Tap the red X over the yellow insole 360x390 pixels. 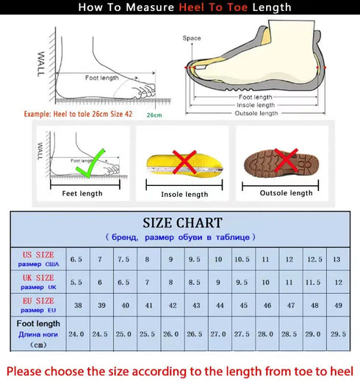click(x=184, y=160)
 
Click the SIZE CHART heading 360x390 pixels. click(x=182, y=223)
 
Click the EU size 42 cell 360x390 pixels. click(x=171, y=306)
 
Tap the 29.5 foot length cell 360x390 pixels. click(x=338, y=333)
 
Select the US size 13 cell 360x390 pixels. click(x=337, y=259)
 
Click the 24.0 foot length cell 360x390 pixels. click(x=76, y=333)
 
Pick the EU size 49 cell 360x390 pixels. click(x=338, y=306)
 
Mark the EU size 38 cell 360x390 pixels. click(x=76, y=306)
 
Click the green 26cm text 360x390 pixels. click(x=154, y=115)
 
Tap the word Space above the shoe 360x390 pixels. click(x=191, y=37)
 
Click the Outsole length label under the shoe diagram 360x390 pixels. click(x=256, y=113)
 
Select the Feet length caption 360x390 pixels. click(x=82, y=193)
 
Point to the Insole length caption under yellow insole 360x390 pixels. click(x=184, y=195)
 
